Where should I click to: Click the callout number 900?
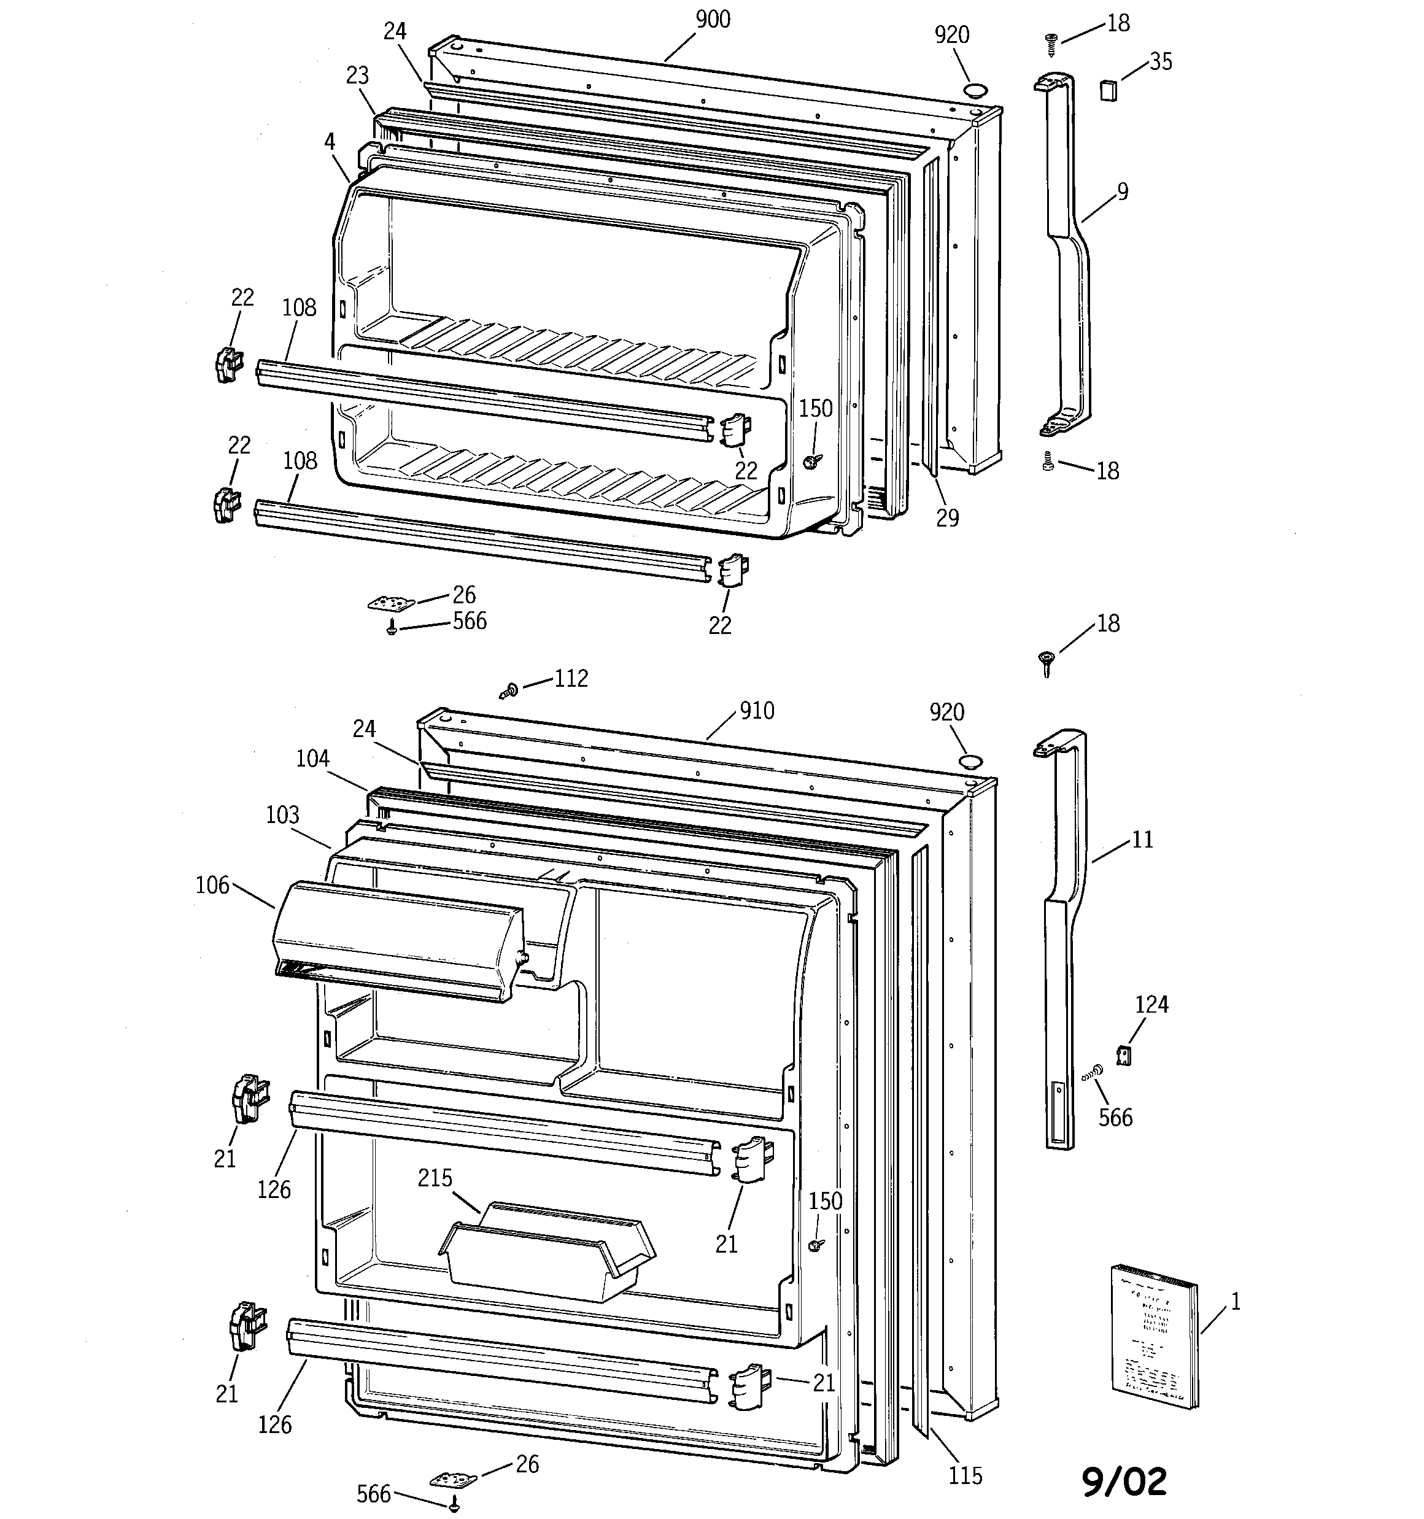[x=713, y=19]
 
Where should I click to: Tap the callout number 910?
[x=756, y=711]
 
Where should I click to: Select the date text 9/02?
[x=1124, y=1482]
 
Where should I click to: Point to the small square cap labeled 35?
[x=1107, y=90]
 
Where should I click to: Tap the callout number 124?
[x=1151, y=1004]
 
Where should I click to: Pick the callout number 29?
[x=947, y=518]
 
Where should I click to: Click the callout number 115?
[x=965, y=1475]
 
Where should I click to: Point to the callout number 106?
[x=212, y=885]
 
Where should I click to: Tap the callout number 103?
[x=282, y=814]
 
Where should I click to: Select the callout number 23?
[x=357, y=75]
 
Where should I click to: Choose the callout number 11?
[x=1141, y=840]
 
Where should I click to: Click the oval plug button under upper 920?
[x=975, y=90]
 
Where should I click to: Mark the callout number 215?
[x=435, y=1177]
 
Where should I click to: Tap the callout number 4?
[x=330, y=141]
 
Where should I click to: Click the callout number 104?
[x=312, y=758]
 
